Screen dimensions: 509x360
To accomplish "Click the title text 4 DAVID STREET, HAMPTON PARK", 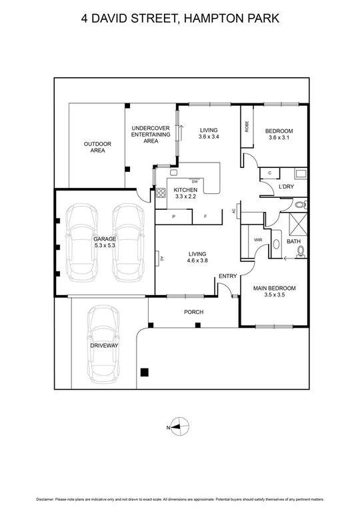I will tap(179, 19).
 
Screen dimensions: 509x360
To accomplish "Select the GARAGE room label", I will tap(105, 239).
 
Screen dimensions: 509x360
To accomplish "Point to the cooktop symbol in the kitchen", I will tap(161, 195).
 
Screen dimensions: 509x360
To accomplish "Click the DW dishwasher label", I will tap(195, 182).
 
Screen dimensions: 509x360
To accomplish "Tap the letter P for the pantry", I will tap(173, 217).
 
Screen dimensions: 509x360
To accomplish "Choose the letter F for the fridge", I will tap(205, 217).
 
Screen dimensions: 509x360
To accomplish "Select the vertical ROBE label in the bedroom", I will tap(247, 127).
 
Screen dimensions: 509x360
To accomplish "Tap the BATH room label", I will tap(293, 241).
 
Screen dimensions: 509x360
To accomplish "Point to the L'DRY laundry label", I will tap(287, 186).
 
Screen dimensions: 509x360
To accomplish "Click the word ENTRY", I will tap(227, 276).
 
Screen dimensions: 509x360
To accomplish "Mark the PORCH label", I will tap(193, 312).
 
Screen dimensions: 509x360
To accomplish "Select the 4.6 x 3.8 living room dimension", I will tap(197, 260).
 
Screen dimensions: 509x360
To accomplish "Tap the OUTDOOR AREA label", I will tap(97, 147).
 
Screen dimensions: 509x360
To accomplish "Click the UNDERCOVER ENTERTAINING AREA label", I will tap(150, 135).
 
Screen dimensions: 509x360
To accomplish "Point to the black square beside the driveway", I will tap(144, 373).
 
